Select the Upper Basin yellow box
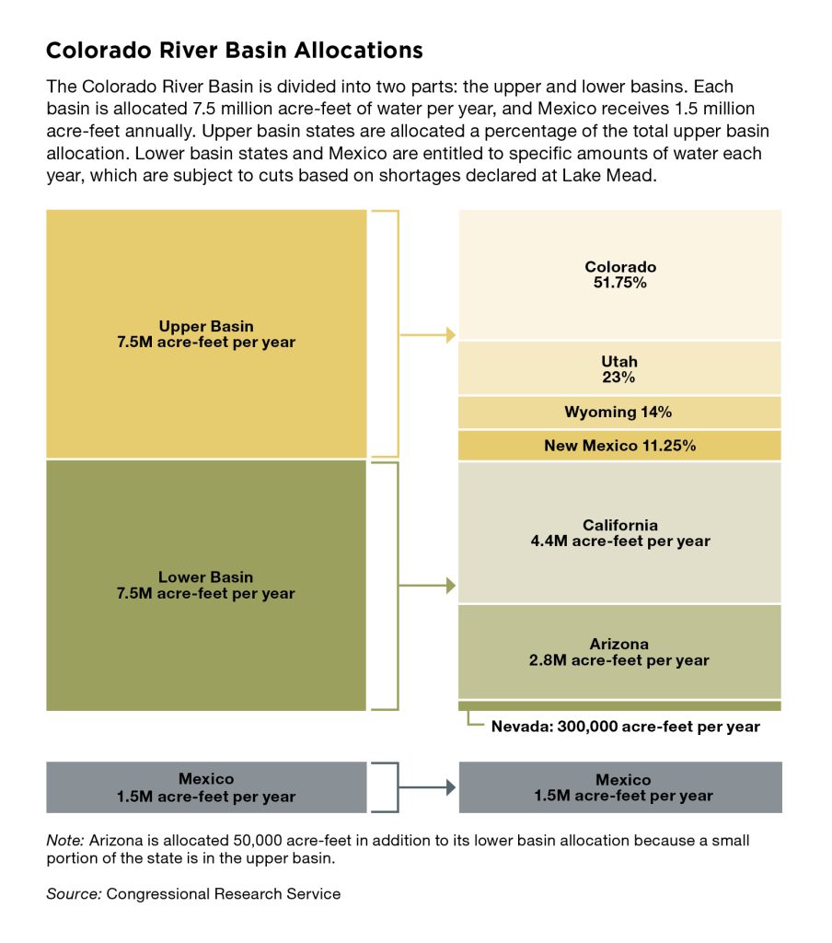pyautogui.click(x=206, y=333)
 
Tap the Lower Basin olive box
pyautogui.click(x=206, y=585)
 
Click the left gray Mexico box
pyautogui.click(x=206, y=787)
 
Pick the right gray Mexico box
pyautogui.click(x=620, y=787)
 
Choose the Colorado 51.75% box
pyautogui.click(x=620, y=274)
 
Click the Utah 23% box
pyautogui.click(x=620, y=368)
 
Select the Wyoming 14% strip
pyautogui.click(x=620, y=412)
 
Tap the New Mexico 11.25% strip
pyautogui.click(x=620, y=446)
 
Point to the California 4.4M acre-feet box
pyautogui.click(x=620, y=532)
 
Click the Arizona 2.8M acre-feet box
pyautogui.click(x=620, y=651)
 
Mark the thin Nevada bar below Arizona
pyautogui.click(x=620, y=705)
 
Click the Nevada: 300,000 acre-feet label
pyautogui.click(x=625, y=727)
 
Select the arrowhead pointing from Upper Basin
pyautogui.click(x=451, y=334)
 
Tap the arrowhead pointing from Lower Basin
pyautogui.click(x=451, y=586)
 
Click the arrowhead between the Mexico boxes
pyautogui.click(x=451, y=787)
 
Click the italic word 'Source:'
pyautogui.click(x=73, y=893)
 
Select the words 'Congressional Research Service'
pyautogui.click(x=223, y=893)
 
